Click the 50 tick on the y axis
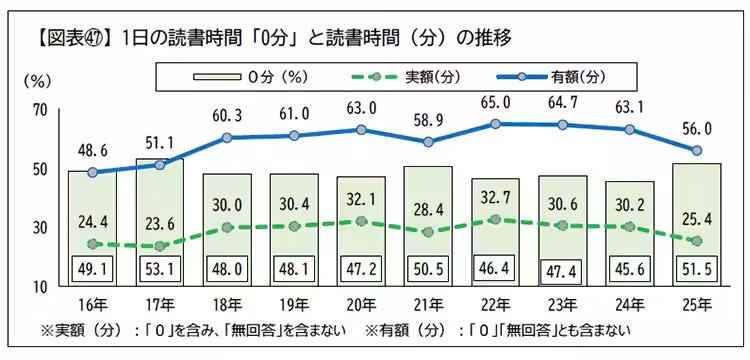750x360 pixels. [x=39, y=169]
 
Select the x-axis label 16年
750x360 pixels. [x=92, y=303]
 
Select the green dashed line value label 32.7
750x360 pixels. [x=497, y=197]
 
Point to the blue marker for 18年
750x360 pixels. [x=227, y=137]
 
